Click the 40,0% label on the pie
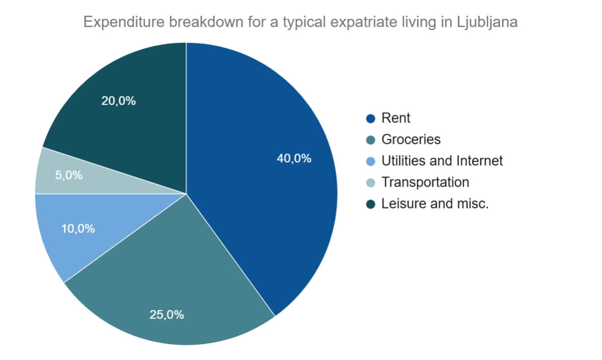pos(294,158)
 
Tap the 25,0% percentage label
pos(166,314)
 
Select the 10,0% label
pos(78,229)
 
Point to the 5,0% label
pos(68,175)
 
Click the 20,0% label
pos(119,101)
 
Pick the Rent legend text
pos(395,118)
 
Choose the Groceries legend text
pos(411,139)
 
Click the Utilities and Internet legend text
pos(442,161)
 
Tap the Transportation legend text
pos(425,182)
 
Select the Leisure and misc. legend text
pos(435,203)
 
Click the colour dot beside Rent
pos(370,118)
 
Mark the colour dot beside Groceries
pos(370,140)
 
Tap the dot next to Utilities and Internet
pos(370,161)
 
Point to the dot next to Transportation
pos(370,183)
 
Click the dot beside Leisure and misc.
pos(370,204)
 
